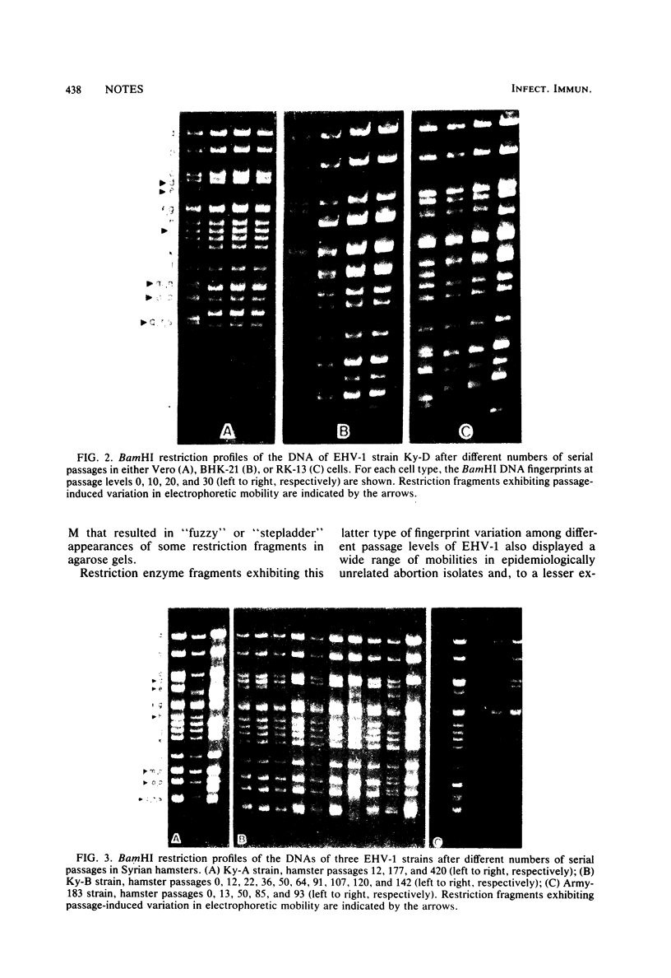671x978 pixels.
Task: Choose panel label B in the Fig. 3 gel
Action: coord(243,839)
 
